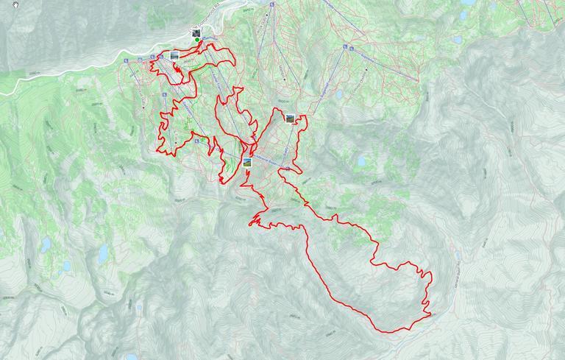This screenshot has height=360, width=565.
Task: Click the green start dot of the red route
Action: [x=196, y=40]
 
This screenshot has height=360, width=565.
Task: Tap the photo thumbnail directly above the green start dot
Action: [x=196, y=32]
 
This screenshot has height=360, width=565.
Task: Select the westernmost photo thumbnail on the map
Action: [x=174, y=55]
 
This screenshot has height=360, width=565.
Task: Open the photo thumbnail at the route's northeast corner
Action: [x=290, y=118]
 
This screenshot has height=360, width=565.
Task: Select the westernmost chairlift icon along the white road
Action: [x=127, y=61]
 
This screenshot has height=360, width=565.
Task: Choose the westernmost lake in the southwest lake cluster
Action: [x=46, y=244]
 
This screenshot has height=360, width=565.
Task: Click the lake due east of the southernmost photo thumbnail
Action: [x=360, y=161]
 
